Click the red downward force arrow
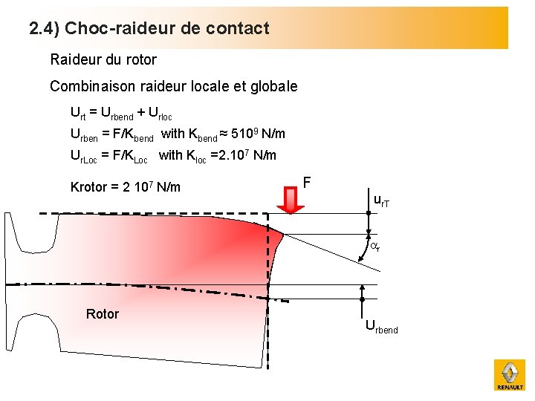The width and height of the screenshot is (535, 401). [291, 199]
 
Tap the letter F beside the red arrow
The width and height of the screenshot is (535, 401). [308, 181]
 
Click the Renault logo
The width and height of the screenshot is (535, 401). [510, 375]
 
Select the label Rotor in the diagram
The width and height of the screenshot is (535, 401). [102, 314]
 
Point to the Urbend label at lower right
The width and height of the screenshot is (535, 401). [381, 327]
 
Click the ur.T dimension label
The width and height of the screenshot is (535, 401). [381, 200]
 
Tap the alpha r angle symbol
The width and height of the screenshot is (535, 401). [375, 246]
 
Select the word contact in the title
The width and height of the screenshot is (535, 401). [238, 29]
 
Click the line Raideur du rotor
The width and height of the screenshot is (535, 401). [103, 59]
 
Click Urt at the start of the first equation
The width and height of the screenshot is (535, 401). [77, 114]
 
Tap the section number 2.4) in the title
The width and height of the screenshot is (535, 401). [44, 29]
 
